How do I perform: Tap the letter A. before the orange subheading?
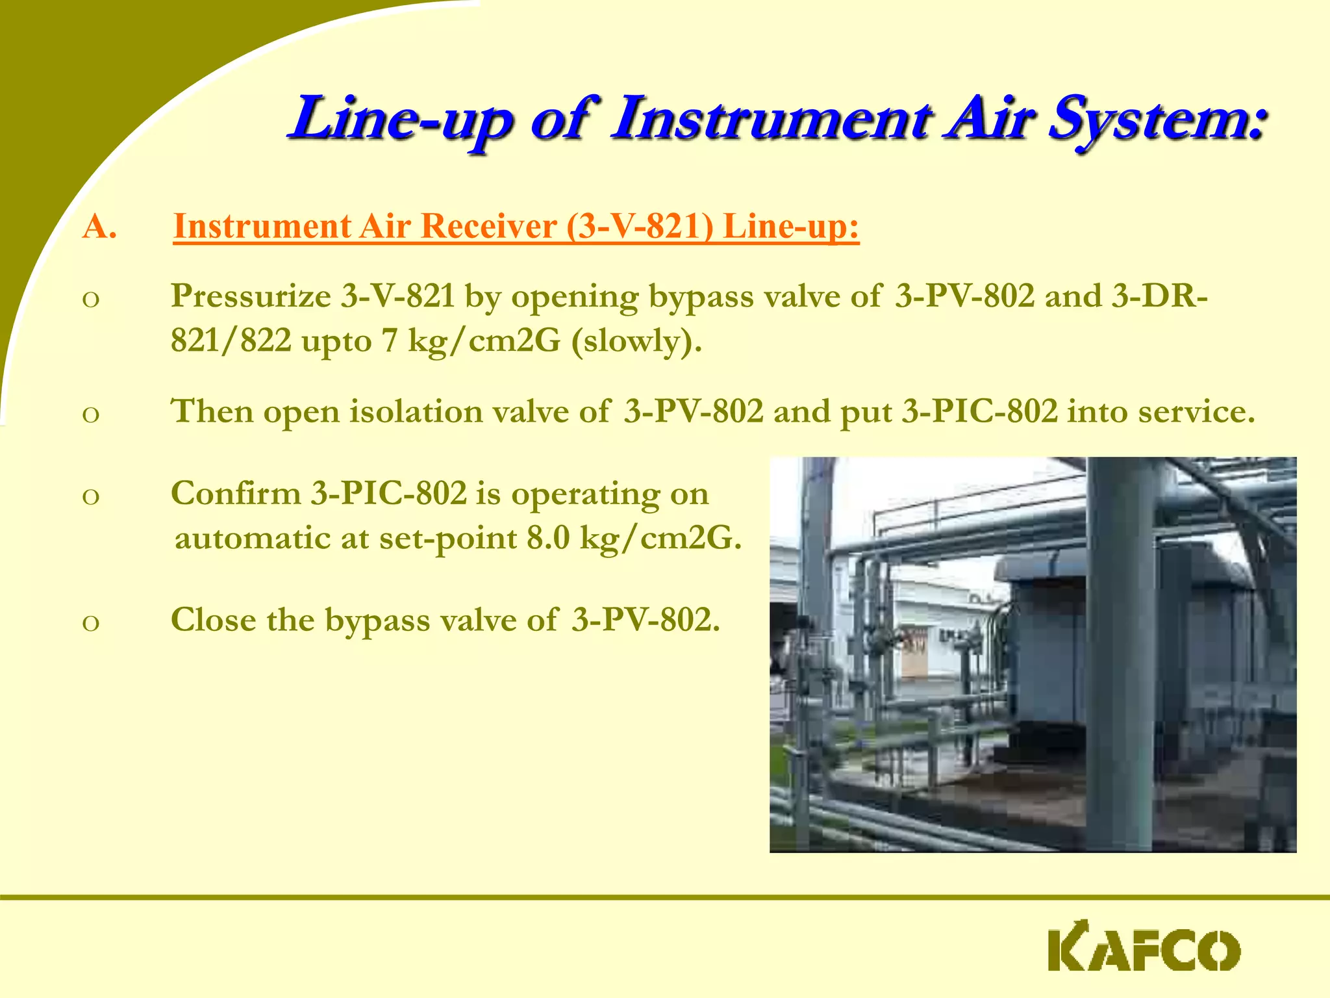[99, 227]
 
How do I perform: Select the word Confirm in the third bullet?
[236, 494]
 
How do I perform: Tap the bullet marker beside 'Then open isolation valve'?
[91, 414]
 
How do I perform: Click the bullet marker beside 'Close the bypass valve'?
[91, 622]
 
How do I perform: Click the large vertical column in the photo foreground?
[1118, 650]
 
